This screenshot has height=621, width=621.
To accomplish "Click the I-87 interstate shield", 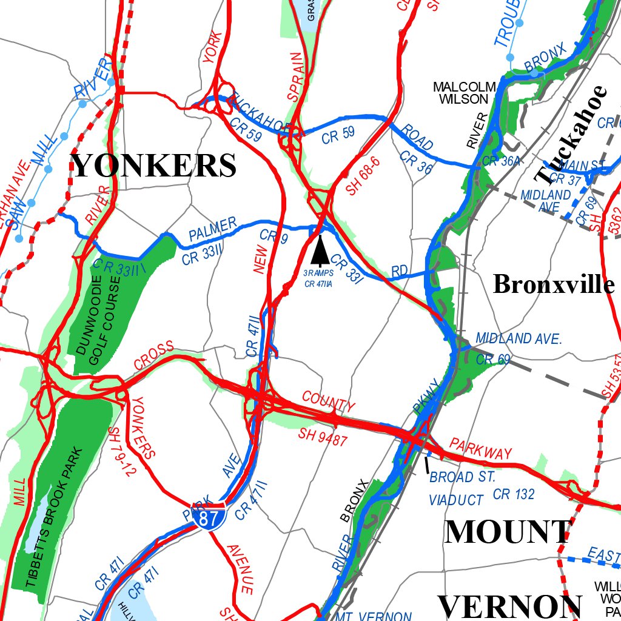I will pos(210,517).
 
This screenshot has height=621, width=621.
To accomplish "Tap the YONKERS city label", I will pos(154,165).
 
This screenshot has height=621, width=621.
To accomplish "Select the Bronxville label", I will pos(553,284).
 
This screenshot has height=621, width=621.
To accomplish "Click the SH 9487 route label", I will pos(323,437).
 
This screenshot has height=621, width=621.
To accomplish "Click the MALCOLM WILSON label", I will pos(465,93).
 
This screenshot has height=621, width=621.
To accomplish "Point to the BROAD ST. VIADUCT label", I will pos(461,489).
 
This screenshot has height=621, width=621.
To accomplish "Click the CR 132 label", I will pos(514,495).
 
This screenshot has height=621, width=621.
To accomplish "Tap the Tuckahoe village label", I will pos(572,135).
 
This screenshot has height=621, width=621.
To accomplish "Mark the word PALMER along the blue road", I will pos(212,230).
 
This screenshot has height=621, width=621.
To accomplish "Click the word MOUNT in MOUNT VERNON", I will pos(507,532).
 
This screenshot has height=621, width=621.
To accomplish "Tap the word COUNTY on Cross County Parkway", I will pos(328,403).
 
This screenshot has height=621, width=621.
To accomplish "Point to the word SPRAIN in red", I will pos(294,76).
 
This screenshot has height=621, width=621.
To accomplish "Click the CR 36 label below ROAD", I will pos(416,163).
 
